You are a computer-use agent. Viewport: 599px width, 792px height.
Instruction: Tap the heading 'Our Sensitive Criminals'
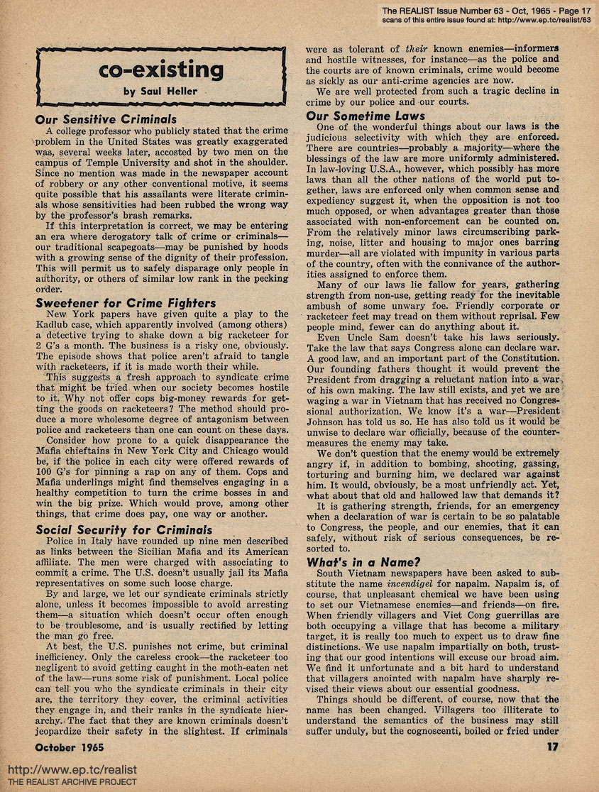[x=106, y=119]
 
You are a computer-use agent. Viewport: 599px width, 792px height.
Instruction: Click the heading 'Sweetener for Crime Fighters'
[x=126, y=303]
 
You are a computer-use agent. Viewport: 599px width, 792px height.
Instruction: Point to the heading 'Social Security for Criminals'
[x=123, y=529]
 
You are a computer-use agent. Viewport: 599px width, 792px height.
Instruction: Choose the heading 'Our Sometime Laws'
[x=366, y=116]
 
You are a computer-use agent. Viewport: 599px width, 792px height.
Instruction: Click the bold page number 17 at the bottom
[x=552, y=745]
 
